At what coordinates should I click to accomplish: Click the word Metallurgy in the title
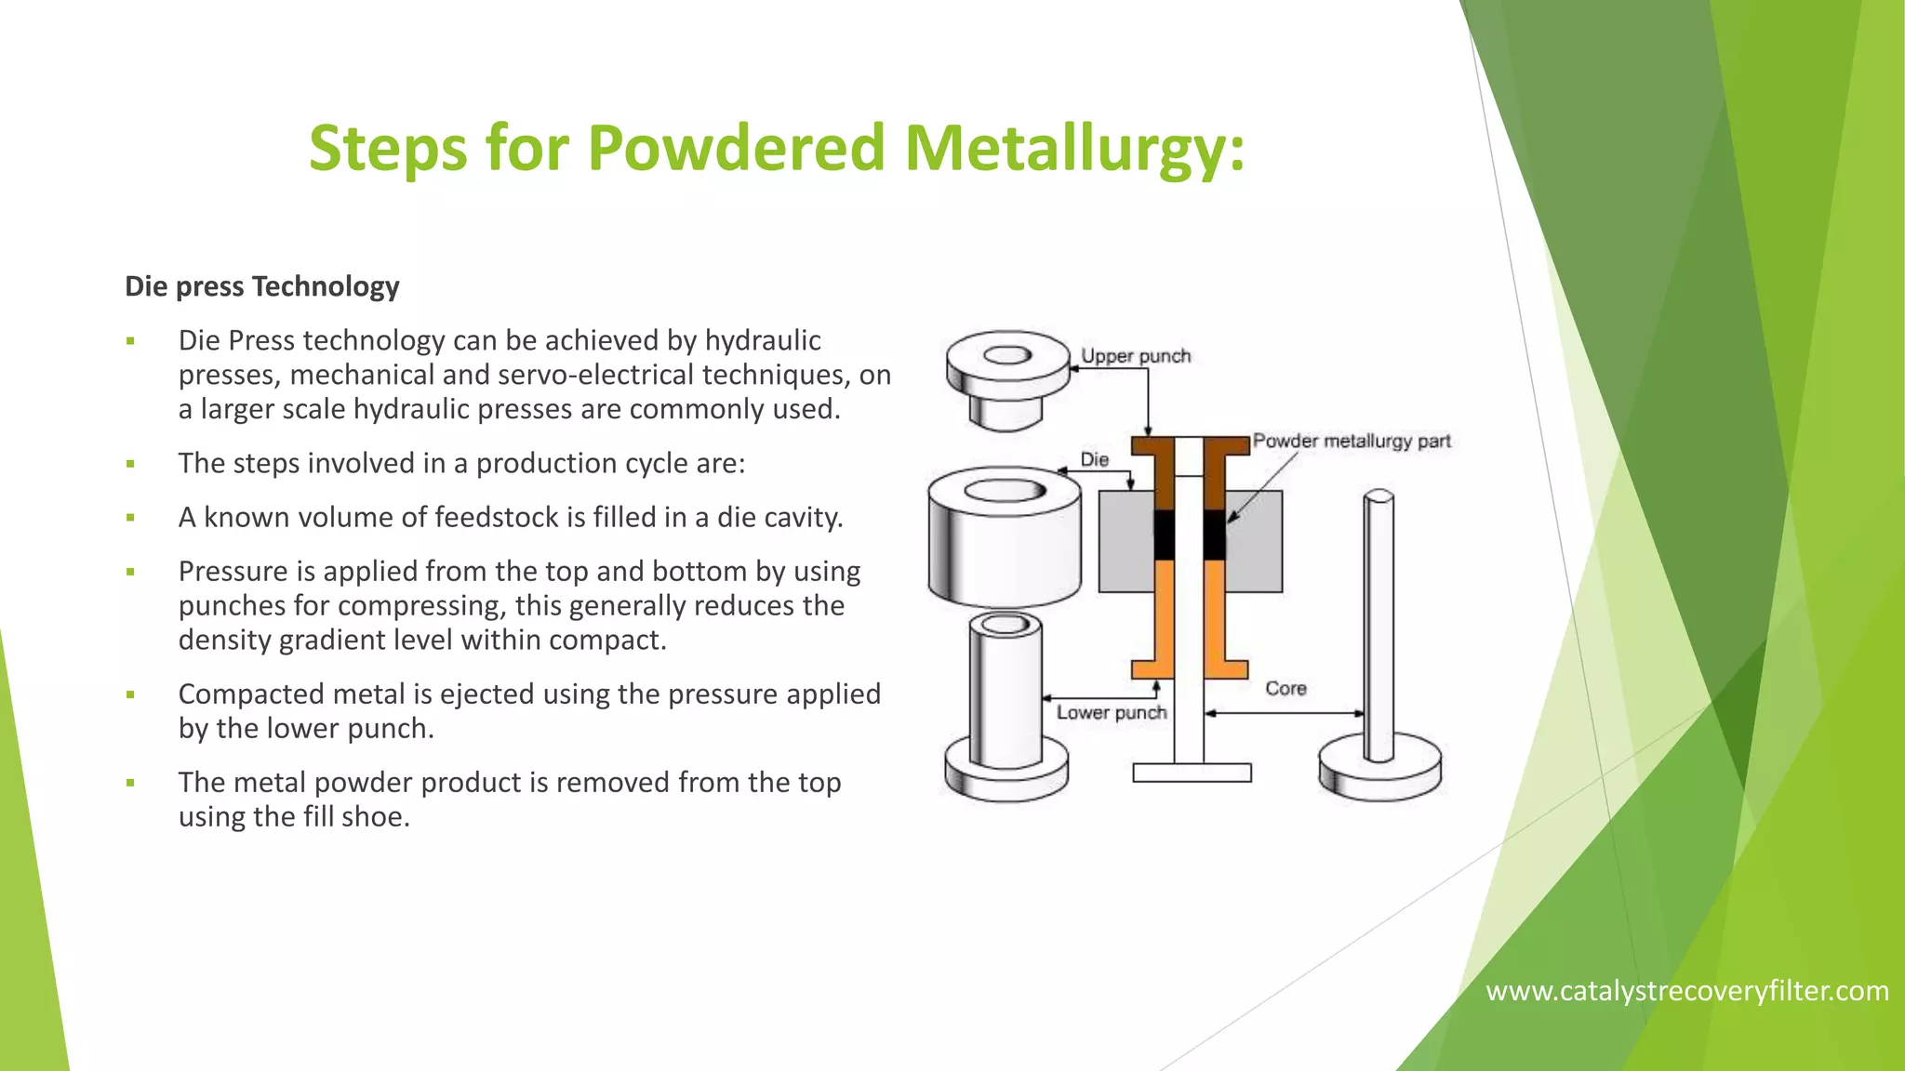pyautogui.click(x=1074, y=149)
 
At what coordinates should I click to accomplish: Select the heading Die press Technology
pyautogui.click(x=262, y=286)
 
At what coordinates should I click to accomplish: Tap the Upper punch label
pyautogui.click(x=1135, y=356)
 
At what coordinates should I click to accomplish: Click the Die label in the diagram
pyautogui.click(x=1094, y=459)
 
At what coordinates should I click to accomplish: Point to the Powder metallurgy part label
pyautogui.click(x=1351, y=441)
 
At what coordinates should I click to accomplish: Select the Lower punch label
pyautogui.click(x=1111, y=713)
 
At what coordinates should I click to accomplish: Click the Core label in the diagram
pyautogui.click(x=1286, y=689)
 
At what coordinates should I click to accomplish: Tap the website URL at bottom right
pyautogui.click(x=1686, y=991)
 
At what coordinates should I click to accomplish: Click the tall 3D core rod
pyautogui.click(x=1379, y=632)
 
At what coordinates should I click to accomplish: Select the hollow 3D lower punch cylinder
pyautogui.click(x=1005, y=693)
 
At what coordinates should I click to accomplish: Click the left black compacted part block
pyautogui.click(x=1165, y=535)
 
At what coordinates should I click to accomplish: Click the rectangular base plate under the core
pyautogui.click(x=1192, y=773)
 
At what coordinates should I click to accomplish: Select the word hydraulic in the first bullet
pyautogui.click(x=762, y=340)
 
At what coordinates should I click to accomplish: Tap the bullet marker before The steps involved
pyautogui.click(x=131, y=464)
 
